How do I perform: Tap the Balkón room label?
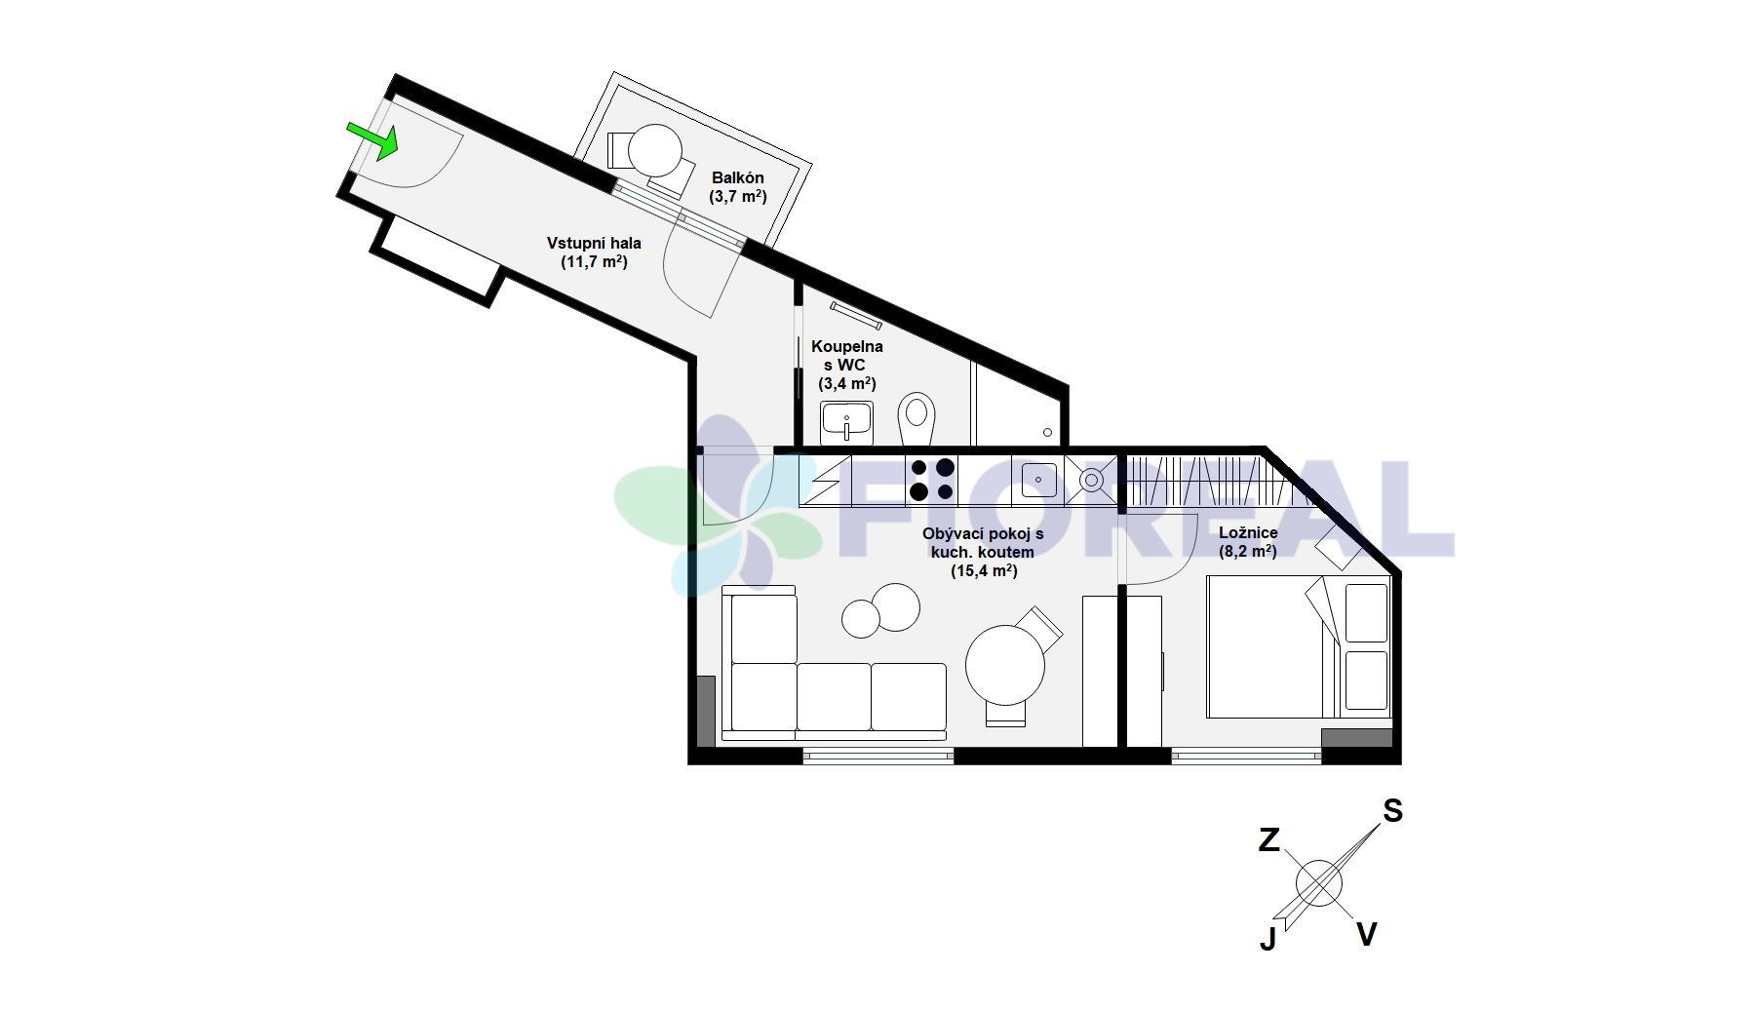tap(738, 186)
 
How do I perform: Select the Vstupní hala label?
tap(594, 252)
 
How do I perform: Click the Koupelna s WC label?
tap(847, 365)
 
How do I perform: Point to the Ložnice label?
tap(1248, 542)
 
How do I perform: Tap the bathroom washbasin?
tap(846, 423)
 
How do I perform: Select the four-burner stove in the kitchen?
tap(932, 481)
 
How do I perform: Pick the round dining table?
tap(1005, 665)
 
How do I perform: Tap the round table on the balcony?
tap(655, 150)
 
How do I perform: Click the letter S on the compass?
tap(1392, 810)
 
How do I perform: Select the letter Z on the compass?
tap(1268, 839)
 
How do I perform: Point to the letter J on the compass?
tap(1267, 939)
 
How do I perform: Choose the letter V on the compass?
tap(1367, 935)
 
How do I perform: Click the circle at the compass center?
tap(1319, 883)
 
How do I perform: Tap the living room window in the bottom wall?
tap(878, 755)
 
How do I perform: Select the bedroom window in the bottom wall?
tap(1246, 755)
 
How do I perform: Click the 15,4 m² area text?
tap(984, 571)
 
